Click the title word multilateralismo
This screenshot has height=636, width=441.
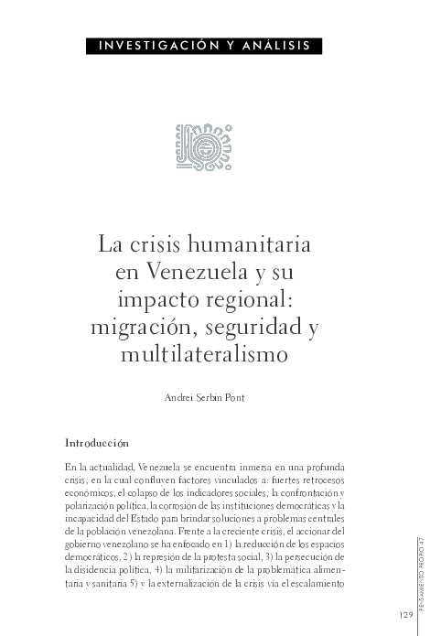click(x=204, y=352)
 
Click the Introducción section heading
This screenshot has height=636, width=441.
click(x=101, y=443)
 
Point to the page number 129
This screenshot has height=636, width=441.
click(x=406, y=613)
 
